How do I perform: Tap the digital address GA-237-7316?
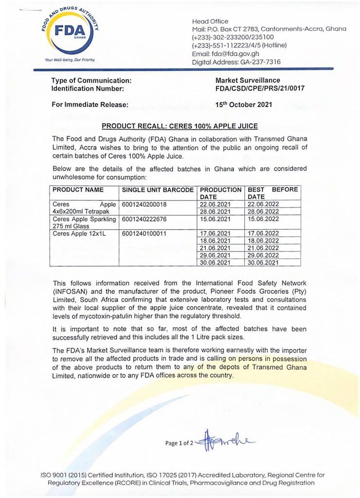point(257,62)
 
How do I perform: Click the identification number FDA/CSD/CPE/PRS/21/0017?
point(261,89)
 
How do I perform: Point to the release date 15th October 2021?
point(243,105)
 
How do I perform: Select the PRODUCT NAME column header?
point(75,189)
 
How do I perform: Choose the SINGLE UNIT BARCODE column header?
point(158,189)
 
